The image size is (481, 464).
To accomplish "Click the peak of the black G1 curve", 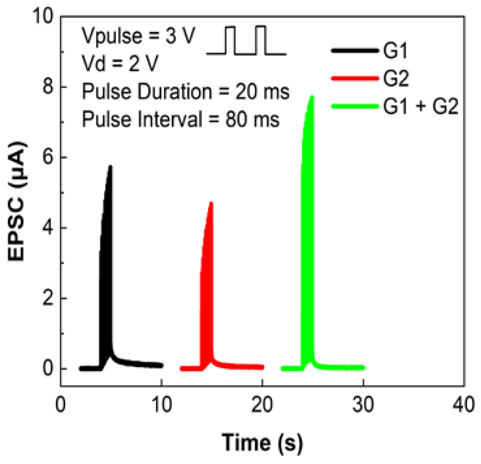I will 110,167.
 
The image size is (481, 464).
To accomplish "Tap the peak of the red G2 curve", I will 211,203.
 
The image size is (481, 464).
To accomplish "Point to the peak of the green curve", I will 312,96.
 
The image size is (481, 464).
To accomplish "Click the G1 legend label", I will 395,51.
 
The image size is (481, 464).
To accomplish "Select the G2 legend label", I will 396,79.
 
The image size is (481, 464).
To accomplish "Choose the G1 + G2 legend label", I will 421,106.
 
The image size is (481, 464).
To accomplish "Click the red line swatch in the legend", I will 355,79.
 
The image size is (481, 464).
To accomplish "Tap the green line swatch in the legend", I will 355,106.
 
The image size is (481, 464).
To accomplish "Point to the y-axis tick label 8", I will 48,87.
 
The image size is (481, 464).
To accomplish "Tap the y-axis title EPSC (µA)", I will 16,201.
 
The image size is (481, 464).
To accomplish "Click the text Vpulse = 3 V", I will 138,36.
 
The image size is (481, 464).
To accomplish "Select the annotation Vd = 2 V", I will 120,63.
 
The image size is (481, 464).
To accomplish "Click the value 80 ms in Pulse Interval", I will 253,119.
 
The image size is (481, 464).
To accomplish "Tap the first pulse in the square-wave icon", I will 230,39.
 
